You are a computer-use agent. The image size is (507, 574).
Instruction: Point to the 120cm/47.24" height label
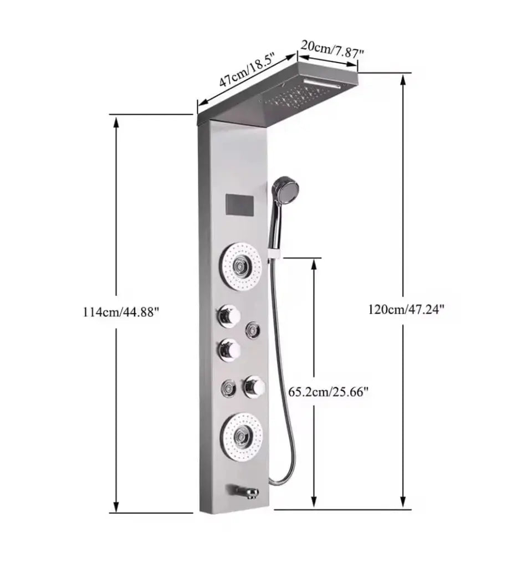coord(406,310)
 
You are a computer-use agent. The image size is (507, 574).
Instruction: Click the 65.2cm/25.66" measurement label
coord(329,391)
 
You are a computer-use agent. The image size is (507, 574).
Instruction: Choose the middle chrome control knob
coord(229,350)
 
